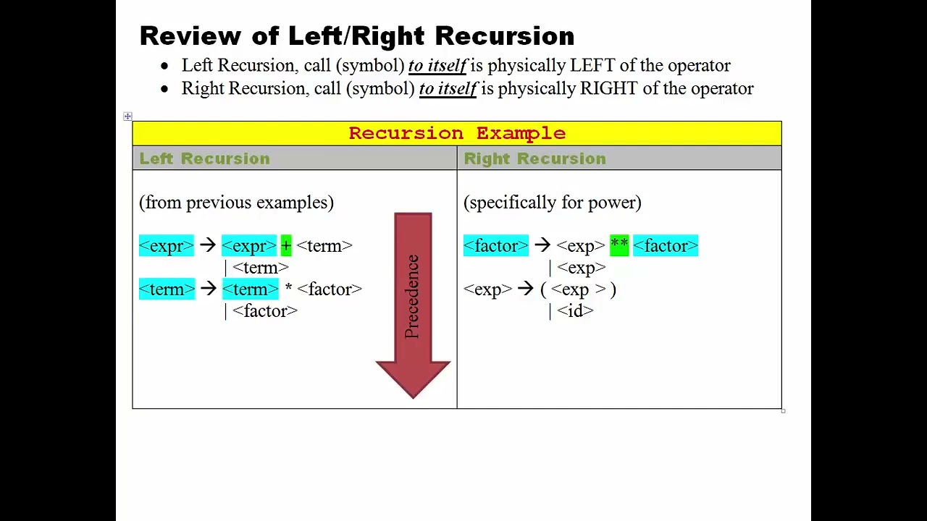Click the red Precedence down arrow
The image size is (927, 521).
click(413, 304)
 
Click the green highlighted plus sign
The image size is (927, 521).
click(286, 246)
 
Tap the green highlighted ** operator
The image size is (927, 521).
click(619, 246)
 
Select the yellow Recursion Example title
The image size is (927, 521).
click(457, 133)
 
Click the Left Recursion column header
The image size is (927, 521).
click(204, 158)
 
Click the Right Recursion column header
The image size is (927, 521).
click(534, 158)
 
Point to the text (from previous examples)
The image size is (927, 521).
click(236, 203)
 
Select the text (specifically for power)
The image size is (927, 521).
click(552, 203)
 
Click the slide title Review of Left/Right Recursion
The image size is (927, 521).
click(356, 35)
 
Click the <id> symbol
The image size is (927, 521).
click(575, 311)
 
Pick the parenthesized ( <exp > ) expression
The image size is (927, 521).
click(578, 289)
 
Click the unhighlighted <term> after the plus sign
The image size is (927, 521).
click(324, 246)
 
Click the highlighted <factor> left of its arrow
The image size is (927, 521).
click(496, 246)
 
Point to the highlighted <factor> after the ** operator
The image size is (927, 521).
click(665, 246)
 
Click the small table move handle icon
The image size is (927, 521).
click(127, 116)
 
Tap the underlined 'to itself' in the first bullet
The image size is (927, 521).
click(437, 65)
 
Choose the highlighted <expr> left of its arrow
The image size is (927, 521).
click(167, 246)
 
